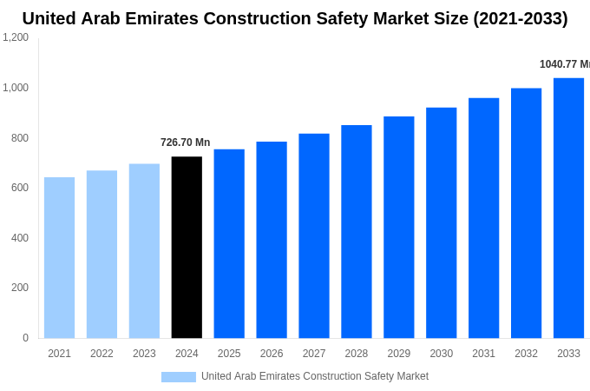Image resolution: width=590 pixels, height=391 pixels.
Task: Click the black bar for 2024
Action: point(187,248)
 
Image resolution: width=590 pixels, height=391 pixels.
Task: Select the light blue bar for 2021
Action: point(59,258)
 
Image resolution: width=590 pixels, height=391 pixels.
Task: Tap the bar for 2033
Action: point(568,209)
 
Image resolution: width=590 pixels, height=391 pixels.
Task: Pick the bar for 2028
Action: point(356,232)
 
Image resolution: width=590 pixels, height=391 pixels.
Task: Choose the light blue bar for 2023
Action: point(144,251)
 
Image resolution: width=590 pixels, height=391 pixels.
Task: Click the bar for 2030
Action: point(441,223)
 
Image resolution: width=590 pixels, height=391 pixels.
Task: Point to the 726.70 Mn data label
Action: point(185,142)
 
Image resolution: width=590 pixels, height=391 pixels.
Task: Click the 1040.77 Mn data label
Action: point(564,64)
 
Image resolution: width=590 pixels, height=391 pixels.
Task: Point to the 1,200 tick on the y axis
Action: point(16,37)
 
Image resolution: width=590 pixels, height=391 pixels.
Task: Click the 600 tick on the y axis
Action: point(19,188)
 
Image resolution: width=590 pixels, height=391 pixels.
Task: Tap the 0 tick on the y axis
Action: point(25,338)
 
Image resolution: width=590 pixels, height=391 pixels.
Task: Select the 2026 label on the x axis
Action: point(272,354)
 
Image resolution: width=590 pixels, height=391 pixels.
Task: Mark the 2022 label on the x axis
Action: point(102,354)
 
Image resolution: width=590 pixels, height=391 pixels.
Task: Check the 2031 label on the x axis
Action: point(483,354)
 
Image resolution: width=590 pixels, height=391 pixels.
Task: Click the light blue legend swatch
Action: point(178,377)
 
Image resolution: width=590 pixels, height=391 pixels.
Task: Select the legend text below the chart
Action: point(315,376)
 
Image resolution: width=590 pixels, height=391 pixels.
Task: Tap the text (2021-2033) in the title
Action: point(520,18)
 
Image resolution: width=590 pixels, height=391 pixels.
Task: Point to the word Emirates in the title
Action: point(165,18)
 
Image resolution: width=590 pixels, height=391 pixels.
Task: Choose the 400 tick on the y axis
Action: point(19,238)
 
